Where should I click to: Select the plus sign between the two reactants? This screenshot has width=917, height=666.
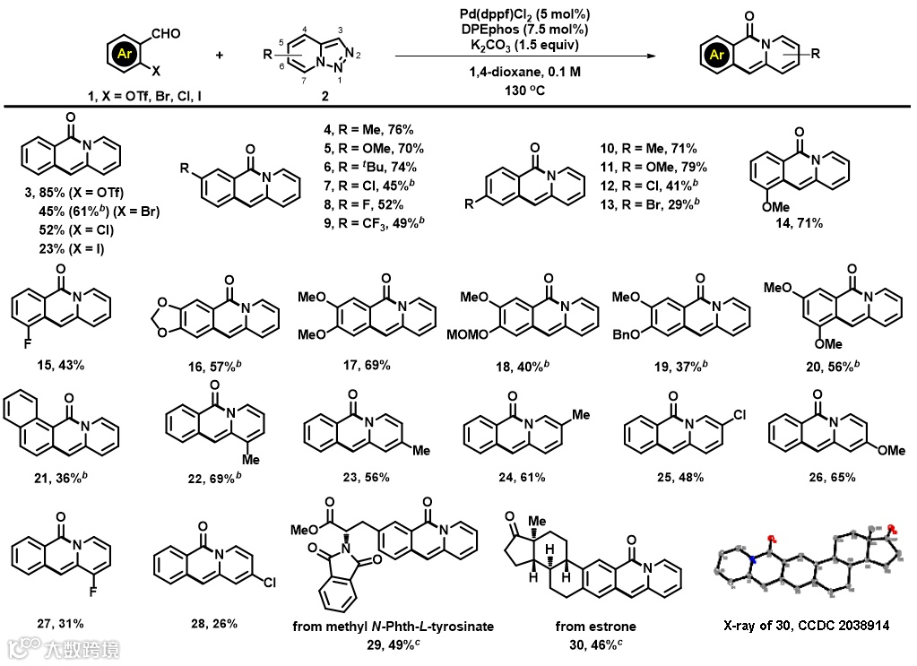[221, 55]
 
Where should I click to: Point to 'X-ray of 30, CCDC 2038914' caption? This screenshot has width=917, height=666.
[806, 625]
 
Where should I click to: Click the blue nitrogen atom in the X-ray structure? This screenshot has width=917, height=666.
[755, 560]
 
